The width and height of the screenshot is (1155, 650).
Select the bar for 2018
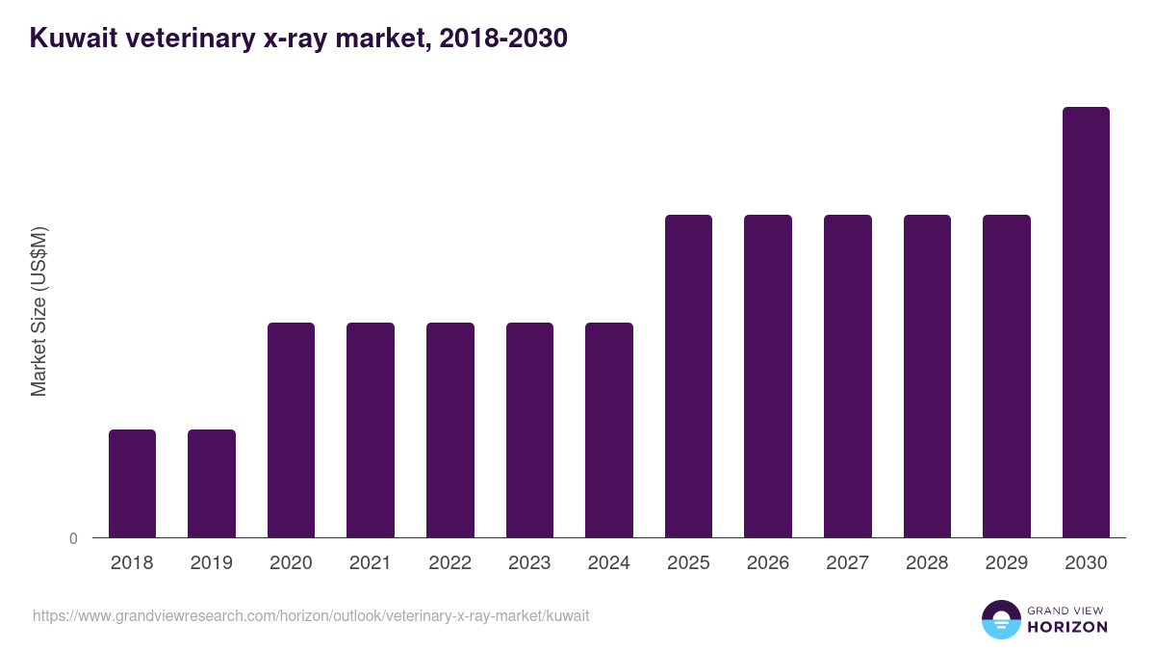tap(132, 483)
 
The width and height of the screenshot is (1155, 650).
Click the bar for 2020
tap(291, 429)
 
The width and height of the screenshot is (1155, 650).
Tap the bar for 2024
tap(609, 429)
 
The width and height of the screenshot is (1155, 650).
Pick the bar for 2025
tap(688, 376)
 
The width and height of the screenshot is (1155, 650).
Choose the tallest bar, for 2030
tap(1086, 322)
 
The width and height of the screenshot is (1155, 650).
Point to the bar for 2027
tap(848, 376)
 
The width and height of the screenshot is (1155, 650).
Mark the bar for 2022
tap(450, 429)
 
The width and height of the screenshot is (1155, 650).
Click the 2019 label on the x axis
tap(211, 563)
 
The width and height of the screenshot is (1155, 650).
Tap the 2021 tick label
tap(371, 563)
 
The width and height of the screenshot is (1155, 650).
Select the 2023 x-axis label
tap(529, 563)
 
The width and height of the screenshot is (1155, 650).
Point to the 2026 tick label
tap(768, 563)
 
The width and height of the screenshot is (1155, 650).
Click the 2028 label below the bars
tap(927, 563)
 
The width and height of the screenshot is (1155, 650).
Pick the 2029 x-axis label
tap(1007, 563)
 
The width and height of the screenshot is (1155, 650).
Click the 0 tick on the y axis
tap(73, 538)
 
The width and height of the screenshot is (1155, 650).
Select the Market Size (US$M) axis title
tap(38, 311)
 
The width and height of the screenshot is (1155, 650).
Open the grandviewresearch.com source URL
tap(311, 615)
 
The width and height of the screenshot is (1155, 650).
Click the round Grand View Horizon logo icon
tap(1000, 619)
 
